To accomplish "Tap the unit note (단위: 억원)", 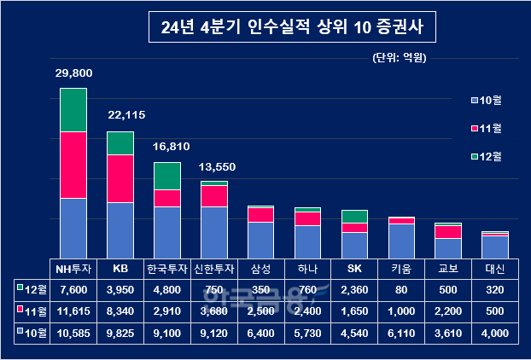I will (x=399, y=58).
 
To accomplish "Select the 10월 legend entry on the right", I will (x=484, y=102).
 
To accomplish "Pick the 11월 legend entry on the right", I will (x=484, y=129).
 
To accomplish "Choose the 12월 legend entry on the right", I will (x=484, y=156).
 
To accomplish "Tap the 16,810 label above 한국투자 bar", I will (x=166, y=146).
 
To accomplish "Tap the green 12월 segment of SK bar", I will (x=354, y=216).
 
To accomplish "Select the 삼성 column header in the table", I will (x=260, y=269).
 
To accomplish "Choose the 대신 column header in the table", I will (x=494, y=269).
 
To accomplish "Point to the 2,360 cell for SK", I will (x=354, y=290).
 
